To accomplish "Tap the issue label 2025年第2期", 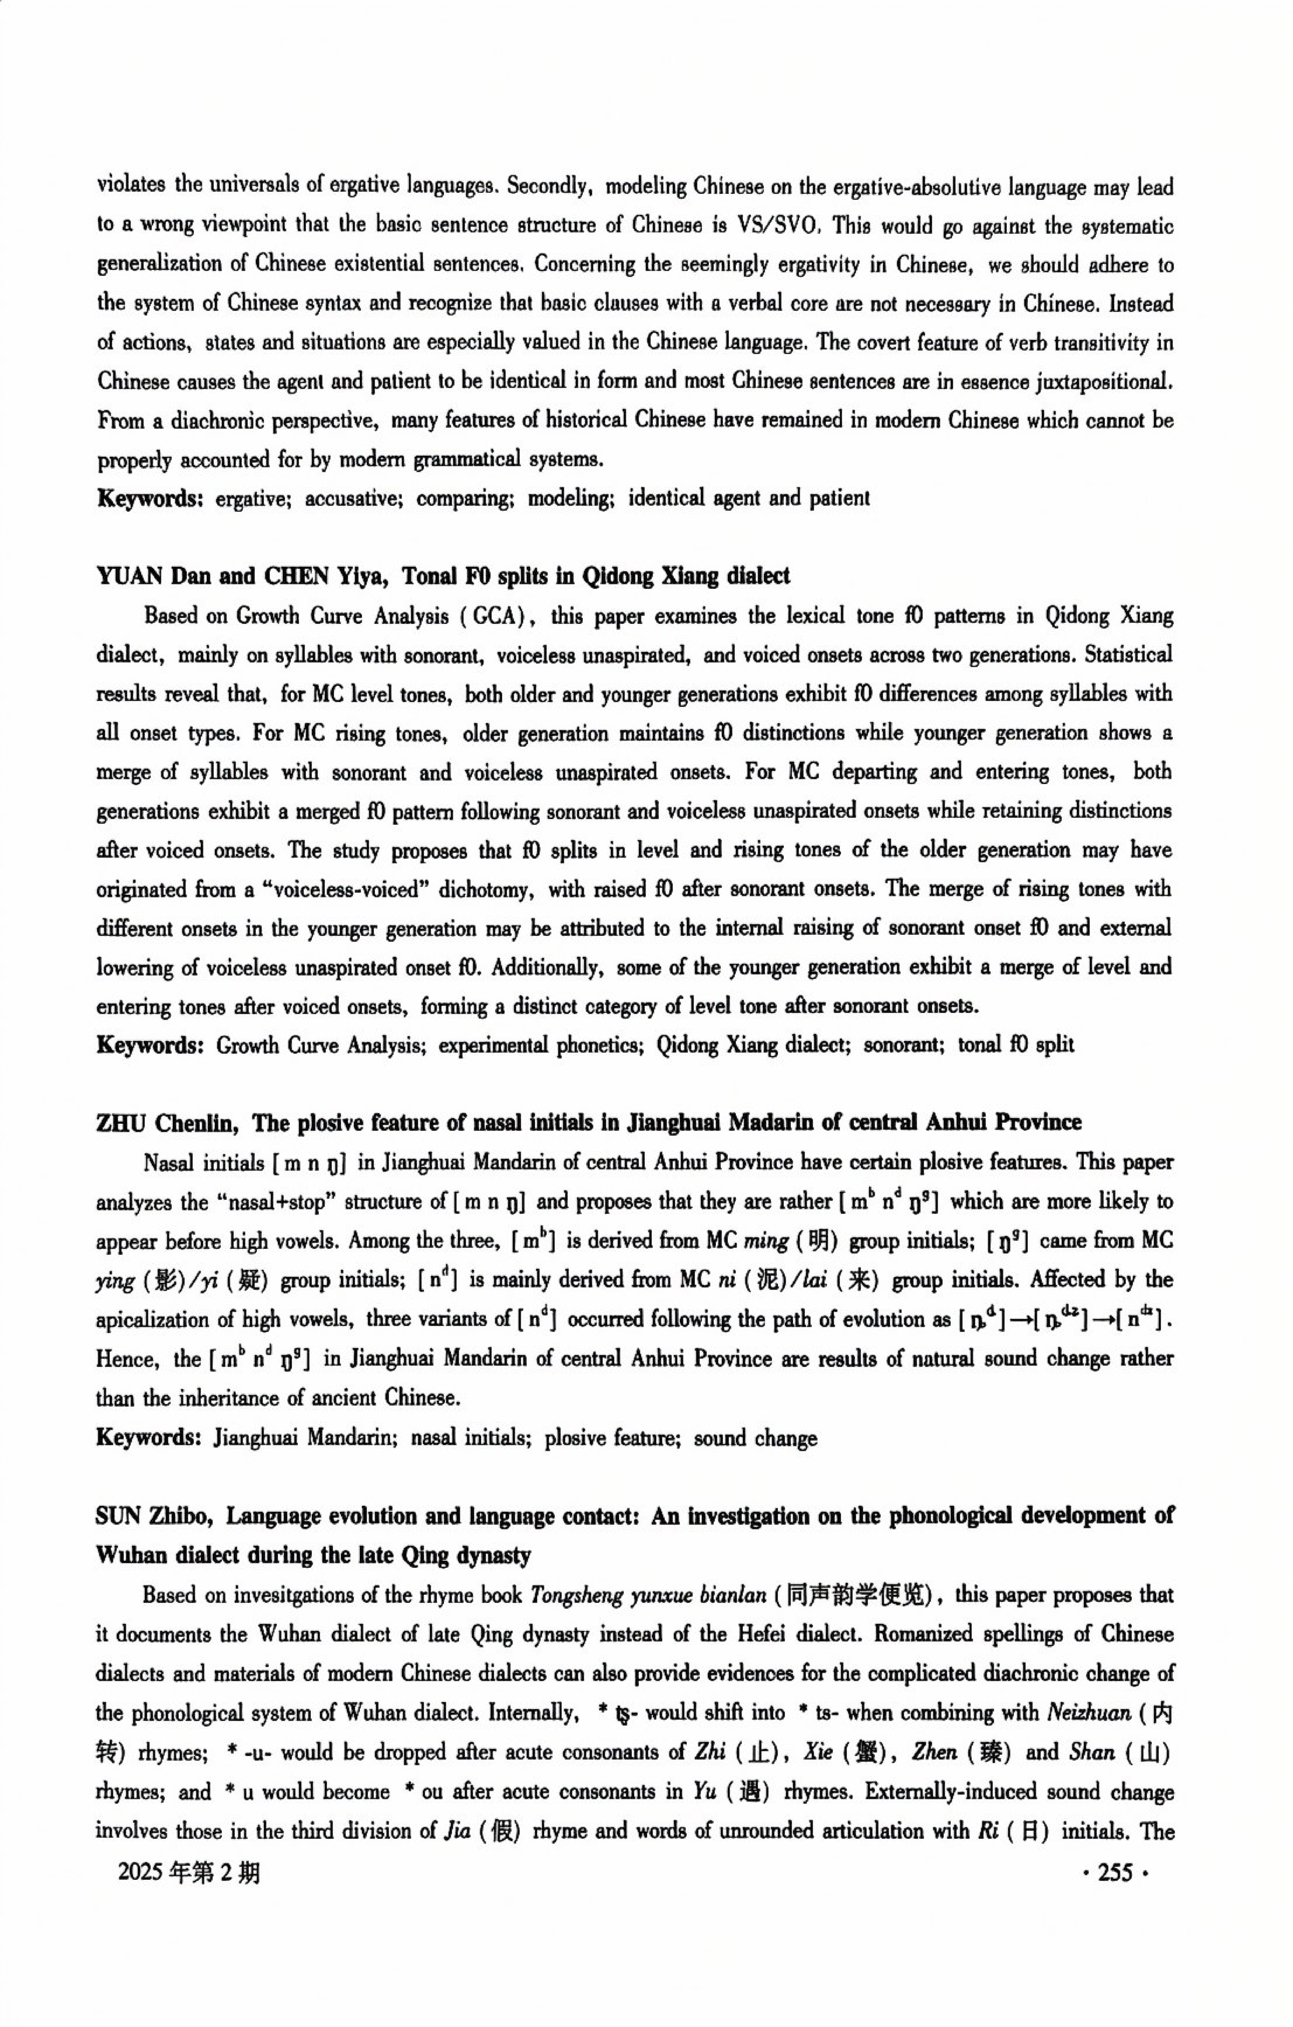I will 189,1872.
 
